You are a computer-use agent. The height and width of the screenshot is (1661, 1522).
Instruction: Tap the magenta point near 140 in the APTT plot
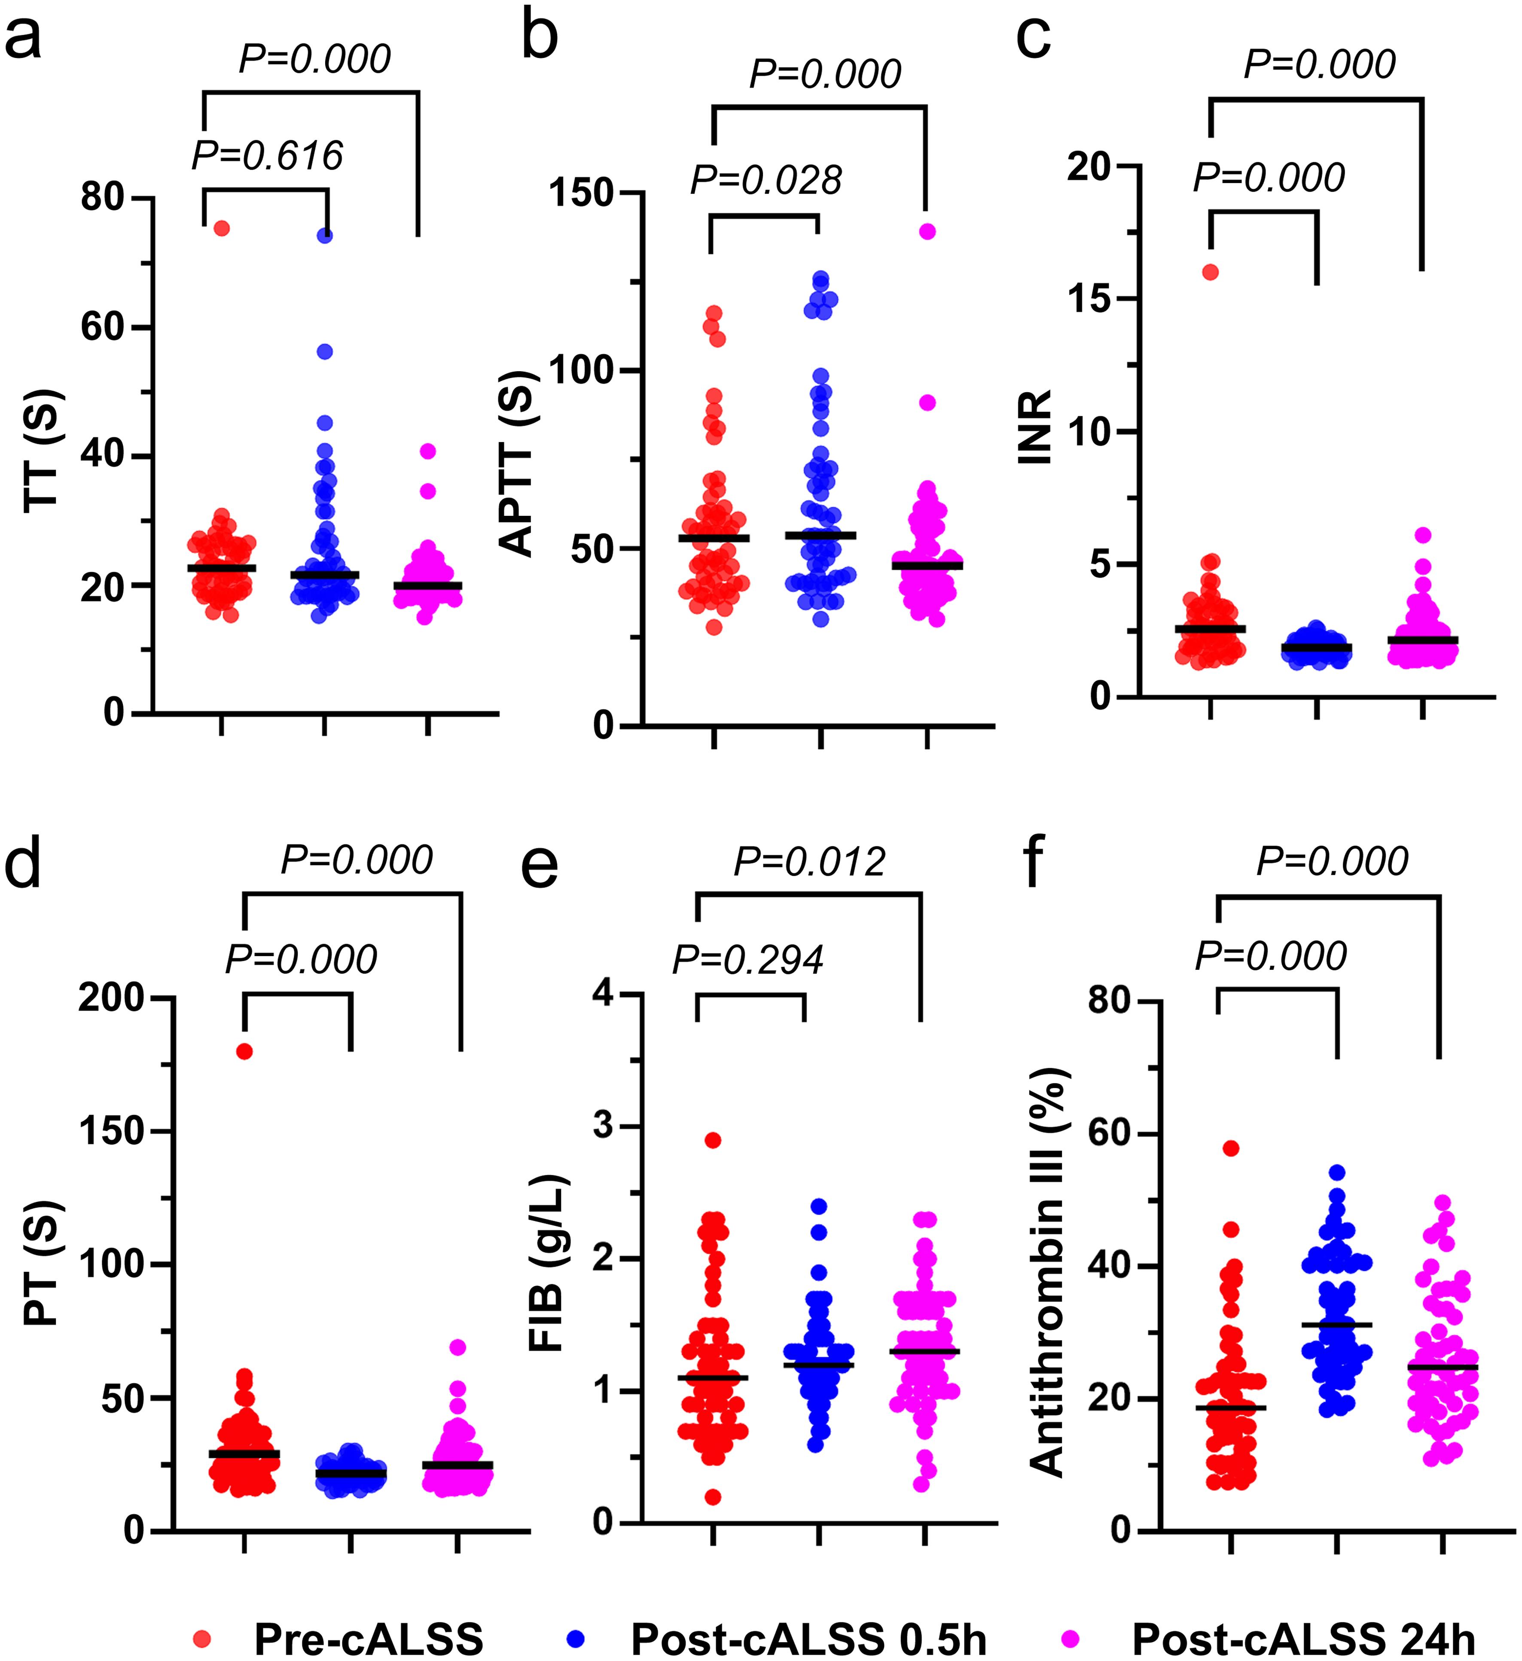tap(928, 232)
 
